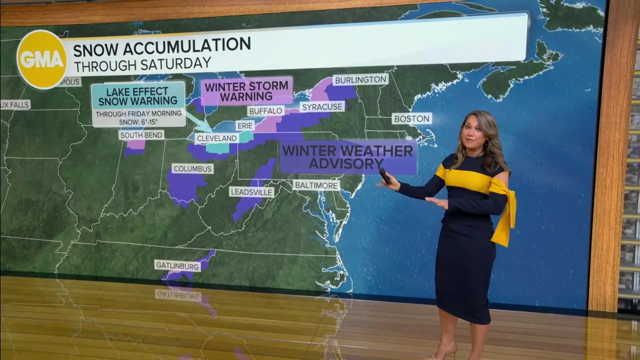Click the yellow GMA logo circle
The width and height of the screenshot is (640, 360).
click(42, 59)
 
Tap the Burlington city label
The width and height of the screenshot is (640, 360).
click(360, 80)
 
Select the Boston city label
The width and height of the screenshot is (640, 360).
click(411, 118)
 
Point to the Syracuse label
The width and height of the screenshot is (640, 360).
click(322, 106)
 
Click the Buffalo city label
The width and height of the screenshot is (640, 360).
click(265, 111)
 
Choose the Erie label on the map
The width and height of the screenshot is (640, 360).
click(245, 125)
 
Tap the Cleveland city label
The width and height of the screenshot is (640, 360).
click(216, 138)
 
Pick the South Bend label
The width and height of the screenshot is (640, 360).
click(141, 135)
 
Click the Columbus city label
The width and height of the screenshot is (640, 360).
click(192, 169)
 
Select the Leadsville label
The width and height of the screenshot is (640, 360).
click(251, 192)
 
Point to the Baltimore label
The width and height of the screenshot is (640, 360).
click(316, 185)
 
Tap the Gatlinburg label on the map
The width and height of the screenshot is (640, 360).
click(177, 266)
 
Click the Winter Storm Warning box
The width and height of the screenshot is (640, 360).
click(246, 91)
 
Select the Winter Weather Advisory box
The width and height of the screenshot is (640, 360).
click(347, 157)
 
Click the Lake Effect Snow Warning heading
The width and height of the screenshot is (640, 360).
click(138, 96)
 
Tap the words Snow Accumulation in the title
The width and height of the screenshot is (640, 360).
click(161, 46)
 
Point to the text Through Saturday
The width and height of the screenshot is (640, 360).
click(142, 64)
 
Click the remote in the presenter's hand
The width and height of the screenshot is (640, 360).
click(385, 175)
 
